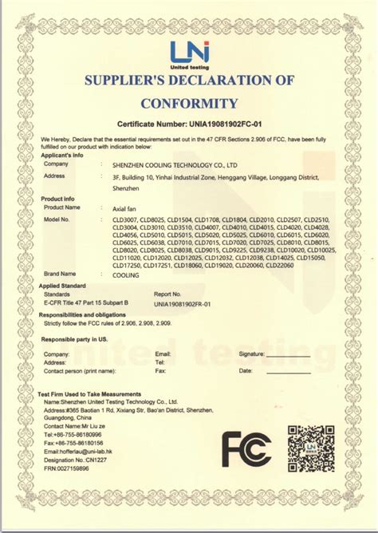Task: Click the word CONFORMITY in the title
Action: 189,103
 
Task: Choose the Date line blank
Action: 282,371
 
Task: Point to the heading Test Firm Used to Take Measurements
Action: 91,396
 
